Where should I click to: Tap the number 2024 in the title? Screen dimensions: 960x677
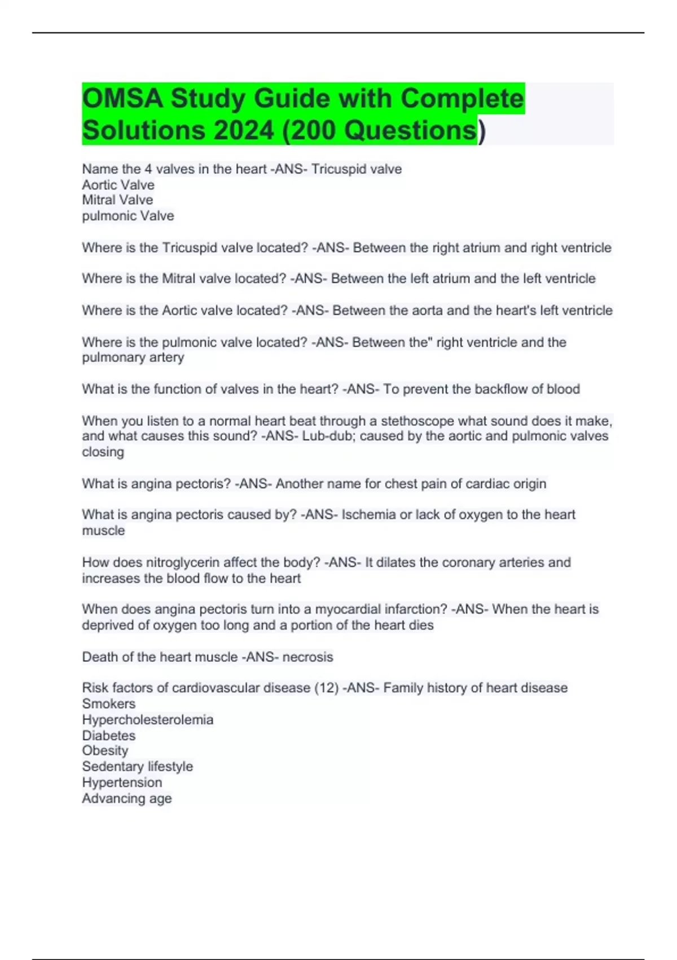(244, 130)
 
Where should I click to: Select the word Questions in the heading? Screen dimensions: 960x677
(410, 130)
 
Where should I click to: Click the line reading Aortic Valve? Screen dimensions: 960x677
(118, 185)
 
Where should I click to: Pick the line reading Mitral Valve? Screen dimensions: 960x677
(117, 200)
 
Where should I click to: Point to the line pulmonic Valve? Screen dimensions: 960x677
(128, 216)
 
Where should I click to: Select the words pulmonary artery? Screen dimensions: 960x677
(133, 357)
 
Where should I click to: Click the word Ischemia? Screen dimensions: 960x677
(368, 514)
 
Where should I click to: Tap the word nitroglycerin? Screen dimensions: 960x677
(183, 562)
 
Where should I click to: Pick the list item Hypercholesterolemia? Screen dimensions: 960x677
(148, 719)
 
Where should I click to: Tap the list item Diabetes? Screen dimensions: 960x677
(109, 735)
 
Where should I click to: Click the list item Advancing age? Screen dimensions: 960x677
(127, 798)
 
